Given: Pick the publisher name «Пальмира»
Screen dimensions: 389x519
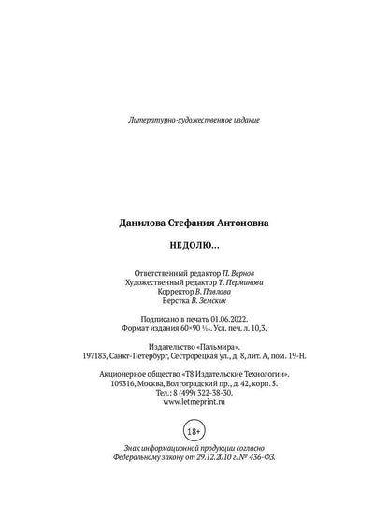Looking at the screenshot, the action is tap(221, 346).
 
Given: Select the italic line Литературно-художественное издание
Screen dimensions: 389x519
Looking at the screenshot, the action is tap(194, 121).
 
